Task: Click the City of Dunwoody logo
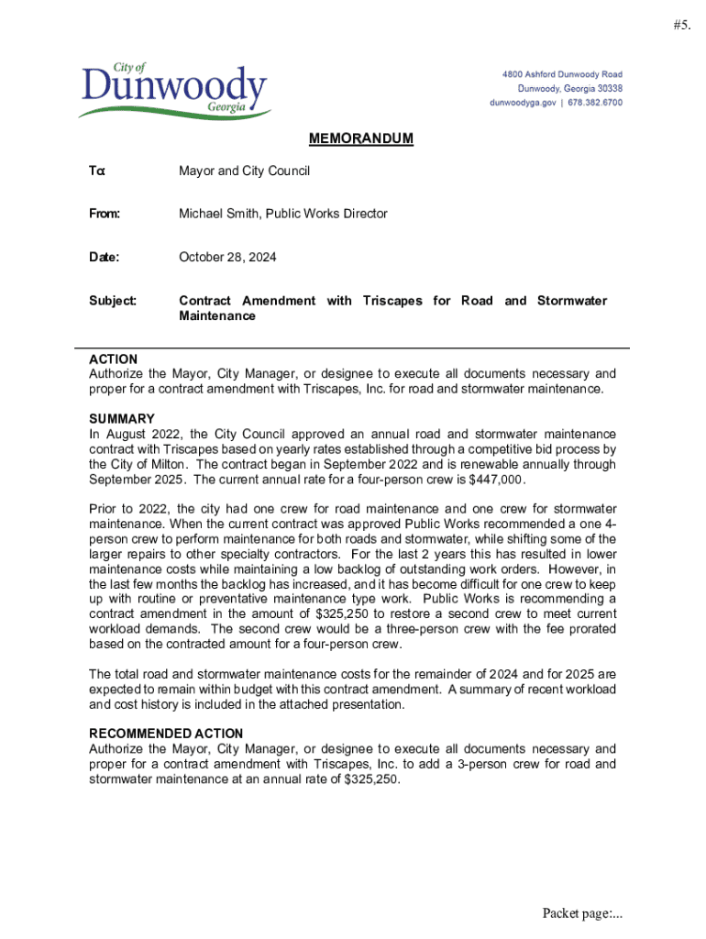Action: point(174,92)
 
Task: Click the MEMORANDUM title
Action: point(360,139)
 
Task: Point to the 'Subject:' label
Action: point(113,301)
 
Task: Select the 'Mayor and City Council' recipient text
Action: point(244,171)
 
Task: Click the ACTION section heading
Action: point(113,359)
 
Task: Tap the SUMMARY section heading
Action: point(122,419)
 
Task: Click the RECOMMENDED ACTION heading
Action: point(166,734)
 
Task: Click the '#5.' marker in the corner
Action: point(680,26)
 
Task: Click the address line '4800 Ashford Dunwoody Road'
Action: point(561,74)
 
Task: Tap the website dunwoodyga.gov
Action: point(523,104)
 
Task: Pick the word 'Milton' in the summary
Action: point(154,464)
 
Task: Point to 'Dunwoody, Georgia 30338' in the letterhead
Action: point(569,89)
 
